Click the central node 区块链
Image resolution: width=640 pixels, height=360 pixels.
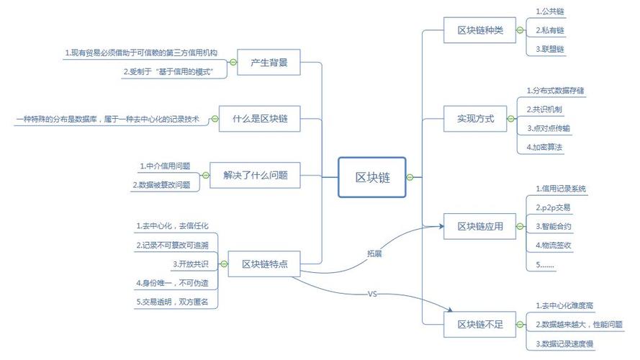click(x=373, y=177)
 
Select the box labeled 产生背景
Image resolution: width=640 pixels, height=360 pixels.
click(x=269, y=63)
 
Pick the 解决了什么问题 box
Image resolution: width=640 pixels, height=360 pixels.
click(x=255, y=175)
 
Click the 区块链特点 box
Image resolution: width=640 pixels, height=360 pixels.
click(x=263, y=264)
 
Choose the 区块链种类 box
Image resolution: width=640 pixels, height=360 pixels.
click(x=480, y=30)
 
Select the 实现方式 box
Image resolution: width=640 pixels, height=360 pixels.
click(x=476, y=118)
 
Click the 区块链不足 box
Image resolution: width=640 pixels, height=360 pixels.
click(x=480, y=325)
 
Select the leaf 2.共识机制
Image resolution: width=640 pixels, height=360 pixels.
click(x=544, y=109)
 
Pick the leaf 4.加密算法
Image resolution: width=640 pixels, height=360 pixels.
click(x=544, y=147)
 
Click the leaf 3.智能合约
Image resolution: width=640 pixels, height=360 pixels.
click(x=553, y=226)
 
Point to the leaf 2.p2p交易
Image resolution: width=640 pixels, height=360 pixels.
click(x=553, y=207)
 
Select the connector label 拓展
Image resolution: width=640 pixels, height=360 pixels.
click(x=374, y=253)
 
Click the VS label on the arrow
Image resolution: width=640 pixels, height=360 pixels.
click(x=372, y=294)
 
